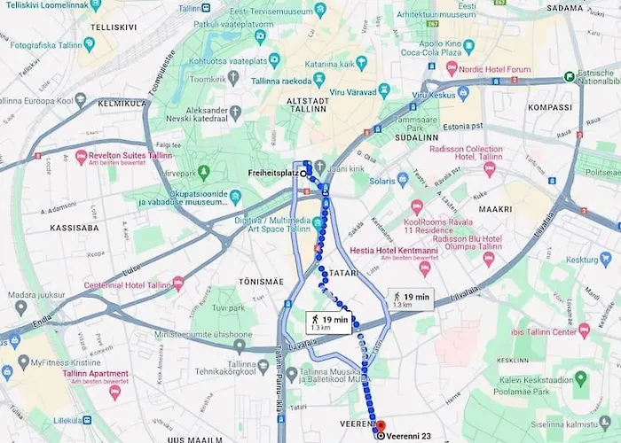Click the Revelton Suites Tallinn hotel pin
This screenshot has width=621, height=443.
[81, 157]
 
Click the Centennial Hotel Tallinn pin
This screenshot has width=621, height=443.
[178, 283]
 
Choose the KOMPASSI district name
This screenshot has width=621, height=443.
[551, 106]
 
